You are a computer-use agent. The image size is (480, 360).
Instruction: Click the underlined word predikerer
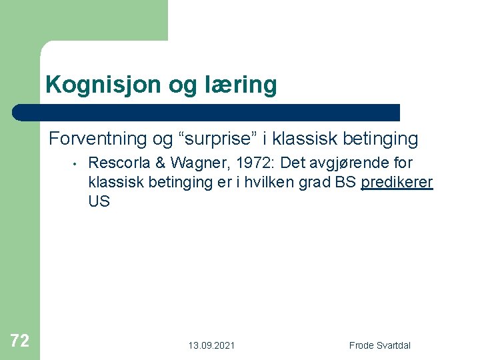397,182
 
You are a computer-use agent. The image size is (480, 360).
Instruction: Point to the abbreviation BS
345,182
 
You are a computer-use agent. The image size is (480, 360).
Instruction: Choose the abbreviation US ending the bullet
99,201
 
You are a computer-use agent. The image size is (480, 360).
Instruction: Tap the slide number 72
20,341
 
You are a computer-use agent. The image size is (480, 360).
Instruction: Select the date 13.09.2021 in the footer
211,345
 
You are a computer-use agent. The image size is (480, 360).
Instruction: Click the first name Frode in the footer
362,345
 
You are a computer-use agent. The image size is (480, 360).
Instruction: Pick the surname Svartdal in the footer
394,345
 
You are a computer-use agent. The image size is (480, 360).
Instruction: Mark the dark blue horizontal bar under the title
207,112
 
